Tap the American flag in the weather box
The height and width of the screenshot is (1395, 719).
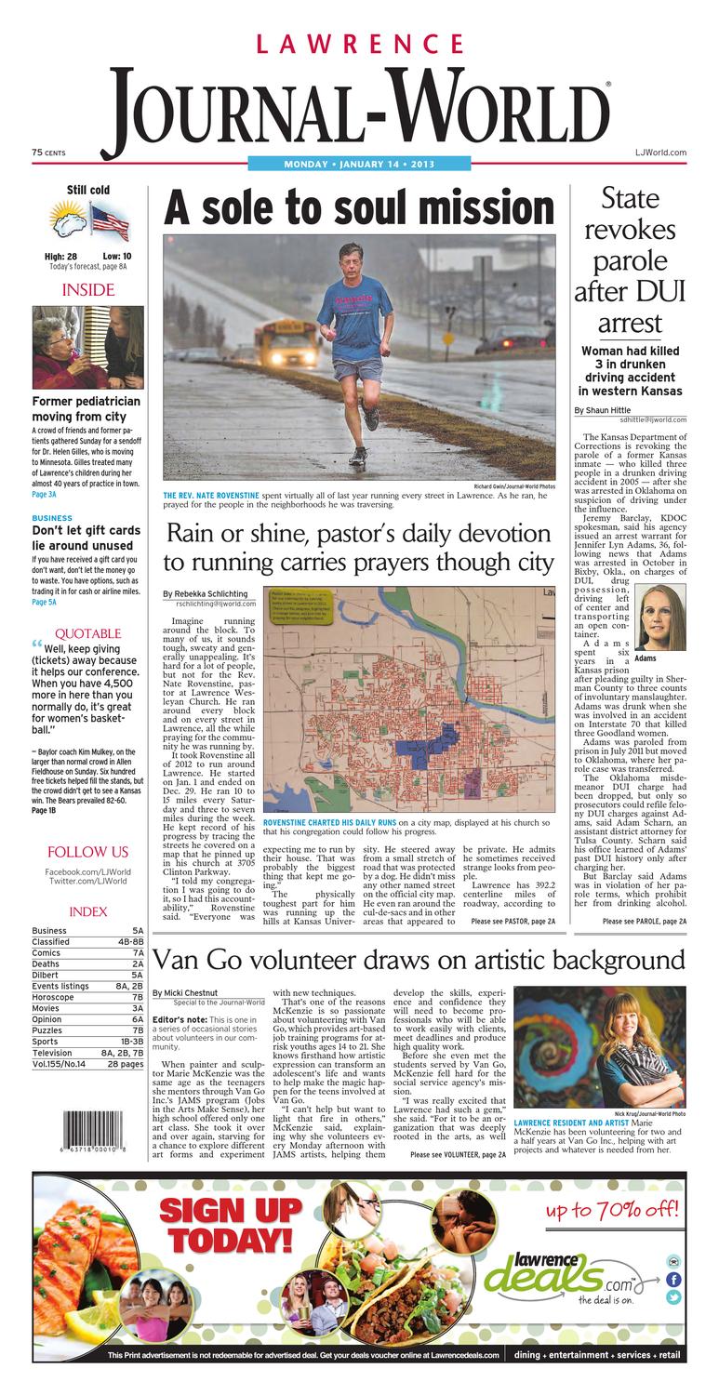tap(109, 221)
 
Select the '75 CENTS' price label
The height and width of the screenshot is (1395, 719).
tap(48, 152)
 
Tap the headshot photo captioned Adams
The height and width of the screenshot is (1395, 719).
tap(659, 617)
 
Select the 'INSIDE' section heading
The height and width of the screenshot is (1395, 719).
tap(87, 290)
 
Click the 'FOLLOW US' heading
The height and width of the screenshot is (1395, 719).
tap(87, 852)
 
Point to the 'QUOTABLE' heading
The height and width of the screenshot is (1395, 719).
tap(87, 633)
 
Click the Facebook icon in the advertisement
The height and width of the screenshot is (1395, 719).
tap(673, 1279)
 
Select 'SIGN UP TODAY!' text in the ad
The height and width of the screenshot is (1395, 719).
tap(231, 1224)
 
